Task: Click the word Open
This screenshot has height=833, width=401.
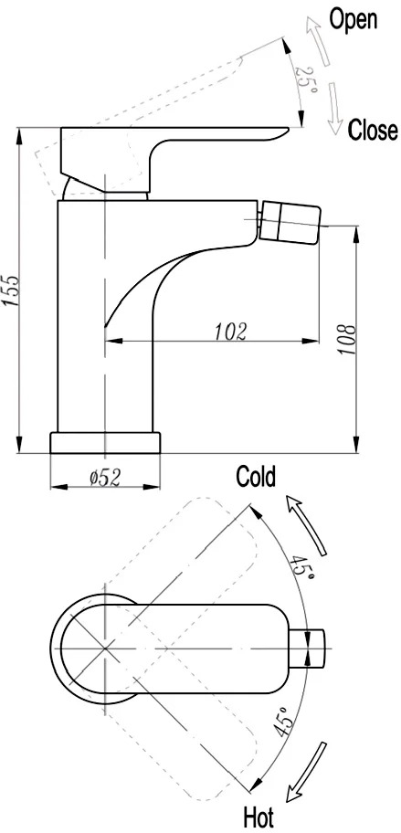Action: (354, 20)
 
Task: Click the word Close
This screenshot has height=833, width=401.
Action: (373, 130)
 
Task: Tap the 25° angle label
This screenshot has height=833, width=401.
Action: (307, 83)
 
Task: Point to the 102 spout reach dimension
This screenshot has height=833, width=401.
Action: (232, 331)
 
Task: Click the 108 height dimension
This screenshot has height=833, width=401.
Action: (348, 340)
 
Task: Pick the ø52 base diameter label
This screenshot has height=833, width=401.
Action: (105, 478)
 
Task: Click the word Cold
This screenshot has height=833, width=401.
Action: (256, 476)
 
